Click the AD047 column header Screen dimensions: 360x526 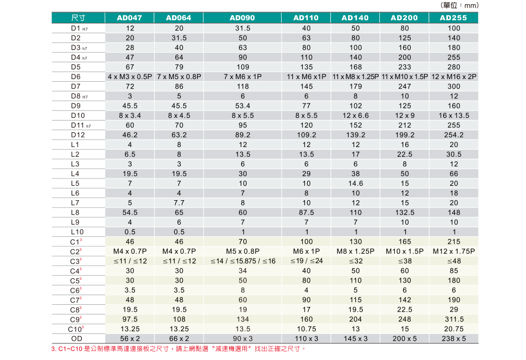130,18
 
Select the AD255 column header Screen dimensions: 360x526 454,18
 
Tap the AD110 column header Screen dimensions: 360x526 306,18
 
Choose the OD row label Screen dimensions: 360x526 77,339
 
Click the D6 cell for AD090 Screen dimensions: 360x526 243,76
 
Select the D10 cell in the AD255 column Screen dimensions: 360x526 454,115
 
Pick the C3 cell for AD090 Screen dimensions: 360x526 243,261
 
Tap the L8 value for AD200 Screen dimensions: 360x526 404,212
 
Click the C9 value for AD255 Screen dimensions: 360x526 454,319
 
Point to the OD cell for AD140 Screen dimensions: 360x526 355,339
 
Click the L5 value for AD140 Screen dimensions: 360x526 355,183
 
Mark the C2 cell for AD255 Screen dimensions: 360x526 454,251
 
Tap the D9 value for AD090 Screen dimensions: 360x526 243,106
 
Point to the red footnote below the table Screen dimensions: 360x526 179,349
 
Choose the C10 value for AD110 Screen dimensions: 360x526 306,329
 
